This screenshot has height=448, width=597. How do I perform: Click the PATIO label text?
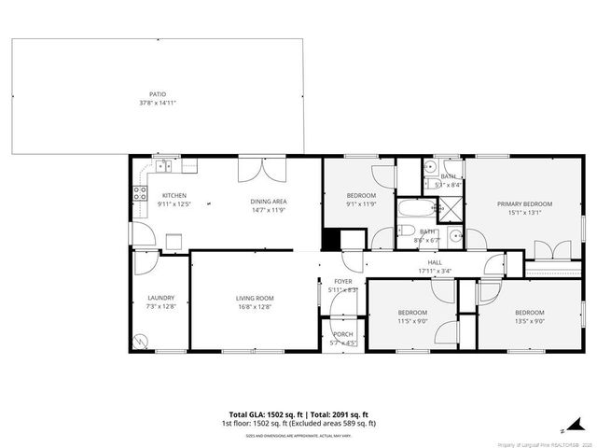coord(158,94)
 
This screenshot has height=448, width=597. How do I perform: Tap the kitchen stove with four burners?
coord(141,195)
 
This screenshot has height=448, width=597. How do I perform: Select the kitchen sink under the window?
coord(163,167)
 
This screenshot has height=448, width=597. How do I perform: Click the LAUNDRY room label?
coord(160,299)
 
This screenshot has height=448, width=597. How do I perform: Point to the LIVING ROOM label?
coord(255,299)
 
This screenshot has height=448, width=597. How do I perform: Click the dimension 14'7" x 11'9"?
coord(268,210)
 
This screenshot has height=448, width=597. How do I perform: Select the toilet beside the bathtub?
coord(408,233)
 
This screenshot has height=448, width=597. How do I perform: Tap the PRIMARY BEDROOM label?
coord(524,203)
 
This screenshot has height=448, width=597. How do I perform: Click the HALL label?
coord(435,263)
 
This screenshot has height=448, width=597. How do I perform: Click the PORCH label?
coord(343,334)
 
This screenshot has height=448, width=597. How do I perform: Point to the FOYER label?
coord(343,281)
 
